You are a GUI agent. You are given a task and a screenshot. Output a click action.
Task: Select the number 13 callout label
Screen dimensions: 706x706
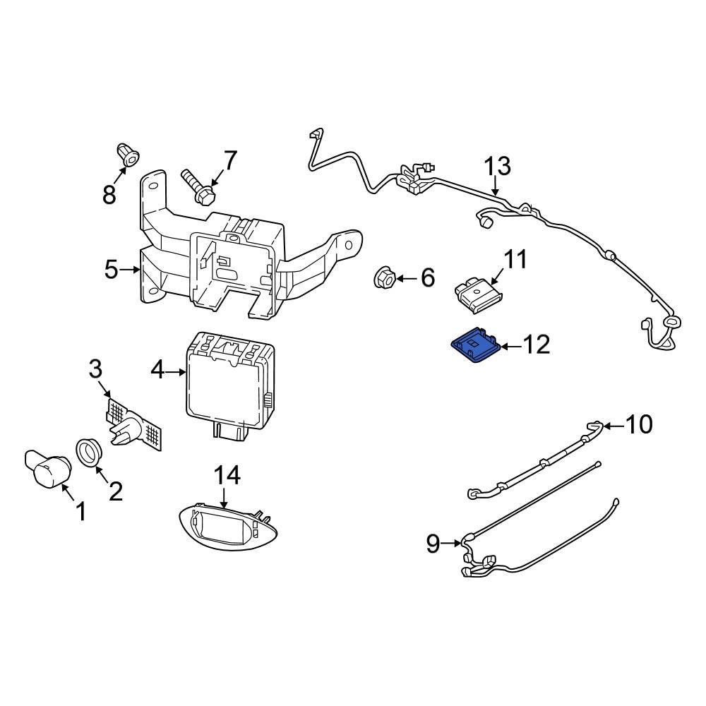[497, 167]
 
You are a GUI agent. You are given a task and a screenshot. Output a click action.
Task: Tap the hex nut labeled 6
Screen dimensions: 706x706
[385, 277]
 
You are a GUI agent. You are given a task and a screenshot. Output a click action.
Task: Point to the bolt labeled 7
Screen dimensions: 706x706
[197, 186]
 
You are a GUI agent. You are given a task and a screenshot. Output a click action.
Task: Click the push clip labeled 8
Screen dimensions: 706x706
[127, 155]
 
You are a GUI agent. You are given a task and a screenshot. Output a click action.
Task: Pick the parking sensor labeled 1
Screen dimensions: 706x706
[48, 468]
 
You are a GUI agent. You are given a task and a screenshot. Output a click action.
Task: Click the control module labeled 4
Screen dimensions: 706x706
[226, 381]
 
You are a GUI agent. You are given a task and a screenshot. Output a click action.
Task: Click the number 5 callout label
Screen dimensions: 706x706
[111, 270]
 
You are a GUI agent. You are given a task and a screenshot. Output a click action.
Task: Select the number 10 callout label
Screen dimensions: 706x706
[639, 425]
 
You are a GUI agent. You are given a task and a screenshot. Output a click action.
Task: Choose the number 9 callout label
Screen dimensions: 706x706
[433, 543]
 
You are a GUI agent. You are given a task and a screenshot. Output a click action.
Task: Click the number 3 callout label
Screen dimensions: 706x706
[95, 369]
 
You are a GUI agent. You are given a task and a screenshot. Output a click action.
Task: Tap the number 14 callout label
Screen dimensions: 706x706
[227, 476]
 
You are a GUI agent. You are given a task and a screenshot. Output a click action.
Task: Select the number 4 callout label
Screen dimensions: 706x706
[157, 369]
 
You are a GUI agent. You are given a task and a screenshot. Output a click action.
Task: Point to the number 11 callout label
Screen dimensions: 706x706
[515, 259]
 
